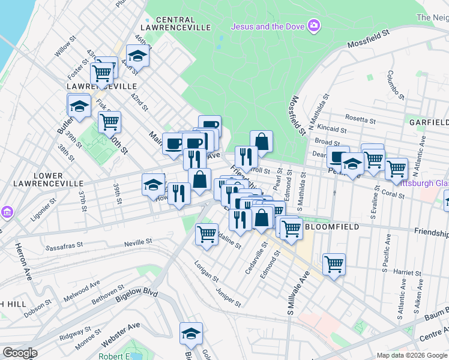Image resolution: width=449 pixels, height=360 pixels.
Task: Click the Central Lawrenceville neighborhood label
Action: click(x=175, y=23)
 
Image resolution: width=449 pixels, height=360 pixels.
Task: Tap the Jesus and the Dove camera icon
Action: click(x=313, y=25)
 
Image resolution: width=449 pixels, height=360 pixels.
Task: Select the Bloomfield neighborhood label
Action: click(x=331, y=227)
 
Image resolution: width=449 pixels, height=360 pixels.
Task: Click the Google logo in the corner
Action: click(x=19, y=353)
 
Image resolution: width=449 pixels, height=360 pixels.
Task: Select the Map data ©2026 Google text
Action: click(x=411, y=355)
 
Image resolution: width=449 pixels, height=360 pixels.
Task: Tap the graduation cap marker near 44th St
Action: click(x=138, y=56)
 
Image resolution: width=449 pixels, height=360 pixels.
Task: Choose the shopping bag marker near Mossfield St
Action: click(x=261, y=141)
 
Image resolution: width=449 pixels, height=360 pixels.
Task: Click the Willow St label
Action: click(x=64, y=49)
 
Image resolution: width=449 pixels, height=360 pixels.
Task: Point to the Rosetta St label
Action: click(x=361, y=119)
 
